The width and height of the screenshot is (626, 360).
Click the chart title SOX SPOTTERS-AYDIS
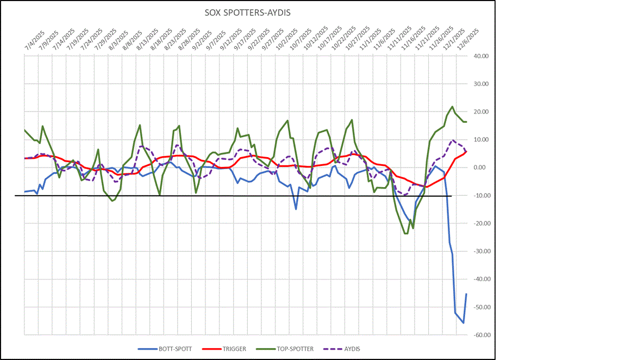coord(248,11)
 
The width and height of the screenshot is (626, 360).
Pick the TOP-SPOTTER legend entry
coord(293,349)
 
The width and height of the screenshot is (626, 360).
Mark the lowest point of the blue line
coord(464,323)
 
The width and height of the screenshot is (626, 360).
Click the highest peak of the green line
coord(453,107)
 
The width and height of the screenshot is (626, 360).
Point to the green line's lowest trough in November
coord(406,233)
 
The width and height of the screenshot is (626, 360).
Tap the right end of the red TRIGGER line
coord(466,152)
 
